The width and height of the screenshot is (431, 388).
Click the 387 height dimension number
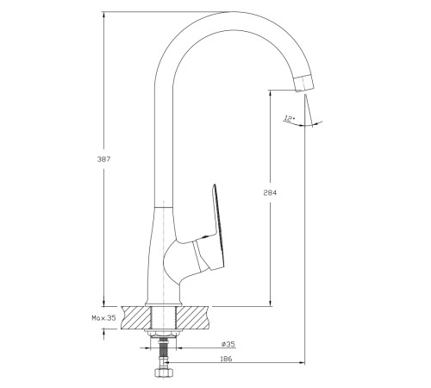point(103,159)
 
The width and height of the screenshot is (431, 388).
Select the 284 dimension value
point(270,192)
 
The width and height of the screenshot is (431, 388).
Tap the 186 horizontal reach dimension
point(226,359)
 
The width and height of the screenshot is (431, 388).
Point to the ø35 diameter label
point(228,344)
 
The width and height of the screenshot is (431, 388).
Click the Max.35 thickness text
point(103,318)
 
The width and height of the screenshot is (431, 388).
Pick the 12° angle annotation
point(289,118)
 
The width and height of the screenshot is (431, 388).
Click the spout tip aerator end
point(303,83)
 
